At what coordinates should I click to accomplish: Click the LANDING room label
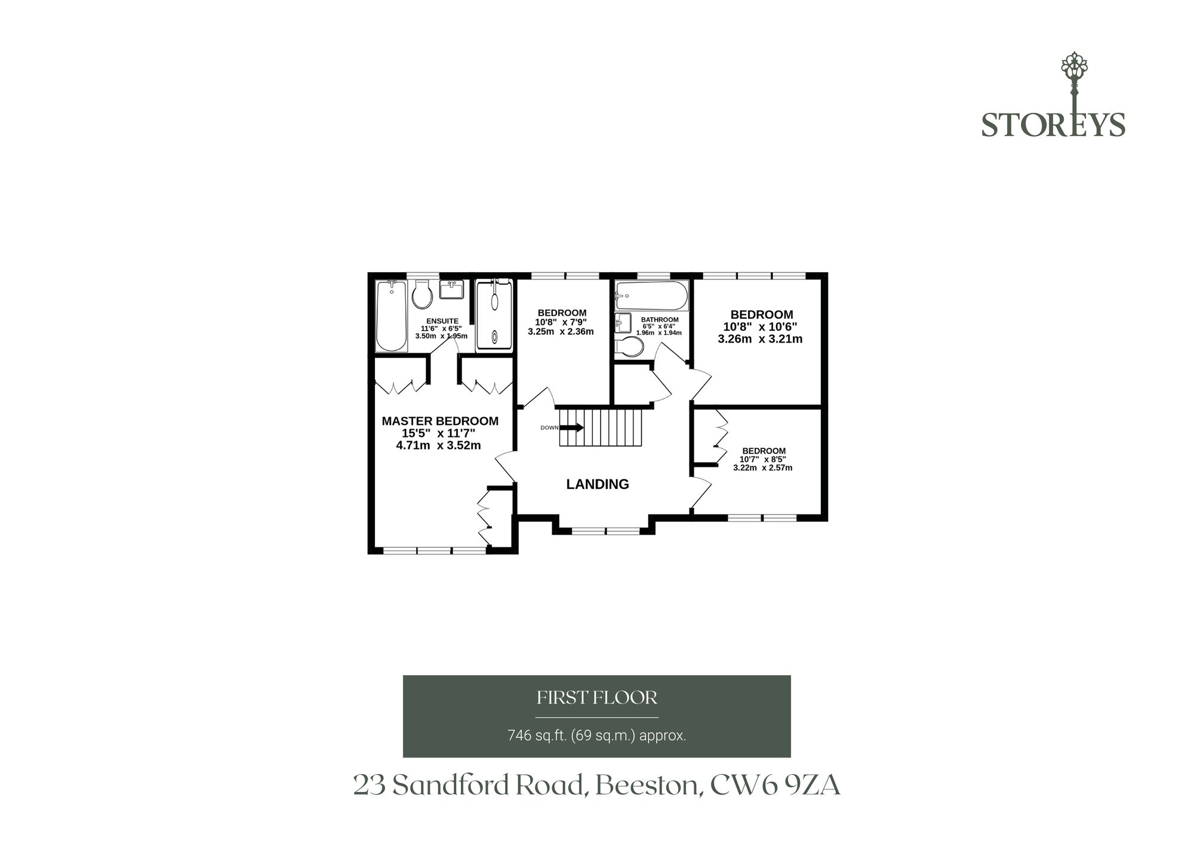click(598, 484)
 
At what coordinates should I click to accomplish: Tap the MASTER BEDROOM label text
click(440, 421)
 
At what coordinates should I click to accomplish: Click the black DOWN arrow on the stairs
click(571, 427)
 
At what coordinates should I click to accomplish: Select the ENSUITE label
click(442, 321)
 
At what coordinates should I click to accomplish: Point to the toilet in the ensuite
click(422, 295)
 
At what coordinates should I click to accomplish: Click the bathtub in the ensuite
click(391, 316)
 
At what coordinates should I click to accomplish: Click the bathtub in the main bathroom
click(652, 296)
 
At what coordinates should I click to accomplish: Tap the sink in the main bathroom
click(623, 323)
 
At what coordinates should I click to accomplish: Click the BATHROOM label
click(660, 320)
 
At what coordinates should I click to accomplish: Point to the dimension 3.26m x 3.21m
click(760, 339)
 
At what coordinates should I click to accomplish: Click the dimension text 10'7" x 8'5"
click(763, 460)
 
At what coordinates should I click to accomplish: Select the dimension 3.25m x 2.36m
click(561, 331)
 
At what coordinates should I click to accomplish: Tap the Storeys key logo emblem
click(1075, 90)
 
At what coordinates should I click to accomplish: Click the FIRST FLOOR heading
click(597, 697)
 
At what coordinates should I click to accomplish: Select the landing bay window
click(604, 530)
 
